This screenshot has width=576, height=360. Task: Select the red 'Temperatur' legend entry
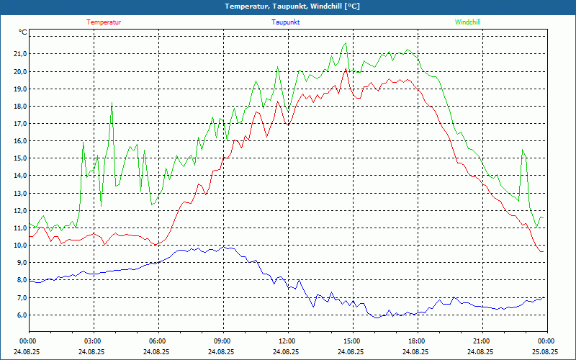tap(104, 22)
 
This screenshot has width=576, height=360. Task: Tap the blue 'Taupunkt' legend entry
tap(286, 22)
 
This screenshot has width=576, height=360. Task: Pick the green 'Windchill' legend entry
tap(468, 22)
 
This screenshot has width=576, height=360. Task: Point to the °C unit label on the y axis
tap(23, 32)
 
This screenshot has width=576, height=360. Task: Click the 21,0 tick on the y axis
tap(19, 54)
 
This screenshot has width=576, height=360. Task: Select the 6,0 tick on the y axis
tap(19, 315)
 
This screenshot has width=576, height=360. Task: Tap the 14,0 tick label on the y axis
tap(19, 176)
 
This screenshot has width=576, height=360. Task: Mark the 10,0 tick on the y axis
tap(19, 246)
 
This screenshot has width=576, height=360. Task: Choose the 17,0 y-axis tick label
tap(19, 124)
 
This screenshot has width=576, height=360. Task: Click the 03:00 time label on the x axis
tap(93, 341)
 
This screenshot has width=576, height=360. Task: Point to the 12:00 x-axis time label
tap(287, 341)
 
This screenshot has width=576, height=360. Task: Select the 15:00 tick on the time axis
tap(351, 341)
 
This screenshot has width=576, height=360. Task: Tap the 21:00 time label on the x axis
tap(481, 341)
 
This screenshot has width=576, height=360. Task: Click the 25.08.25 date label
tap(545, 352)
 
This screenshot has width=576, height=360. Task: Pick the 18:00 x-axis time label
tap(416, 341)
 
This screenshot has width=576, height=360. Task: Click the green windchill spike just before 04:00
tap(112, 104)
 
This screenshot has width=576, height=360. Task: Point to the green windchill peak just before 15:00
tap(346, 43)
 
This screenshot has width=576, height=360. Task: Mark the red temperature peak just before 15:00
tap(346, 68)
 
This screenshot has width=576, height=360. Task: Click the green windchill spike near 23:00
tap(523, 149)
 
